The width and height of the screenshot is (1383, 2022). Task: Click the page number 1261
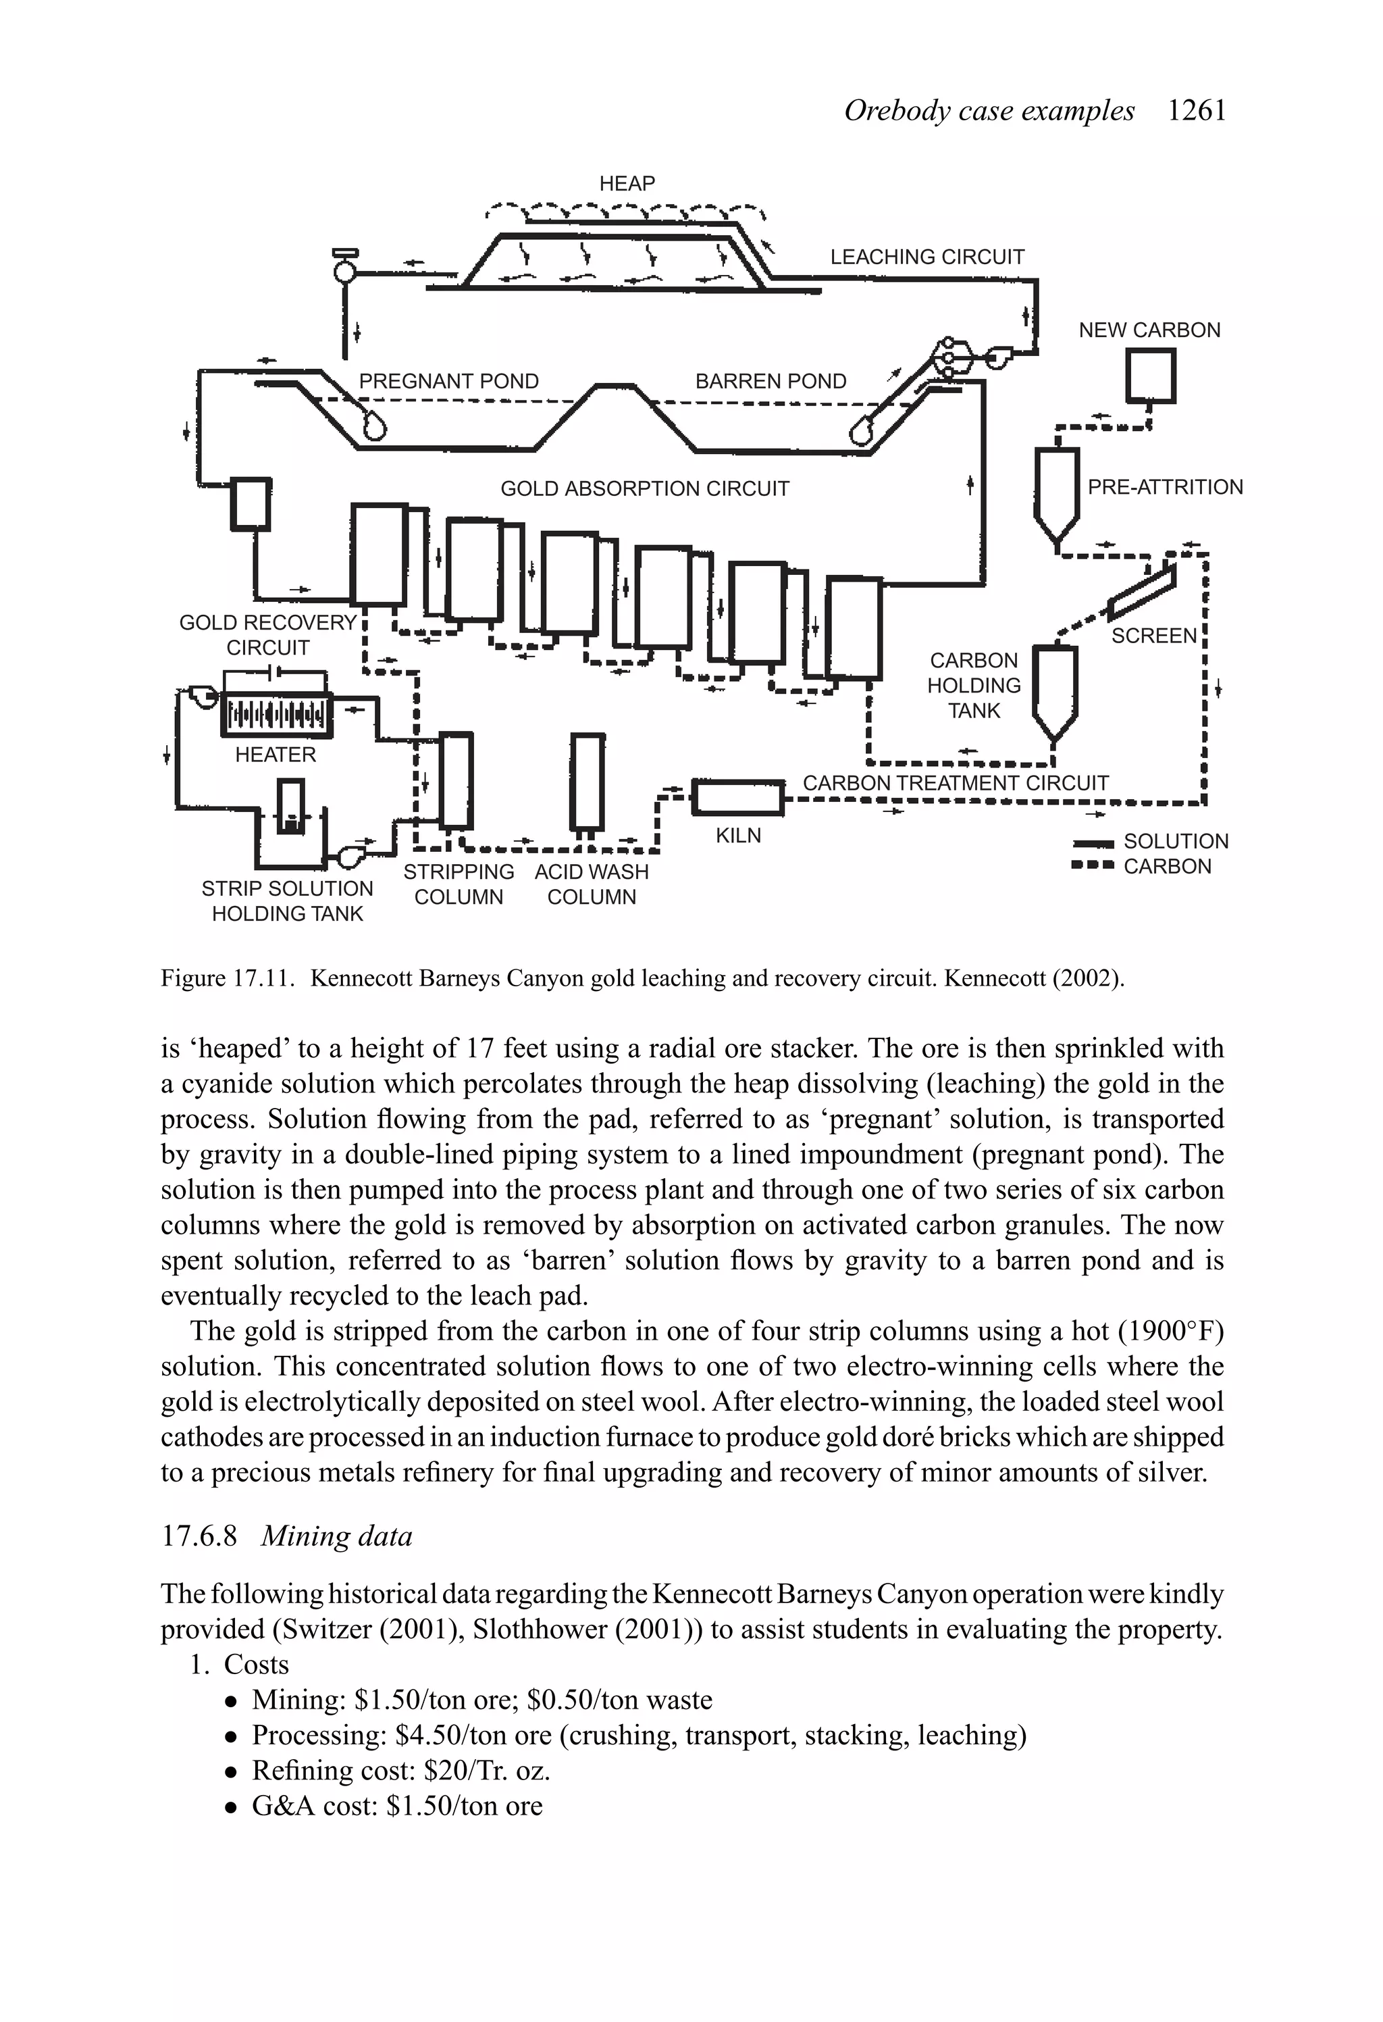(x=1196, y=111)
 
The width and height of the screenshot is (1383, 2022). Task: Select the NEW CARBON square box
(x=1150, y=376)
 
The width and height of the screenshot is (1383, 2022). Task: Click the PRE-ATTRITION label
(x=1165, y=487)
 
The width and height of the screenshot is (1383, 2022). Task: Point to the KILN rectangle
(x=737, y=797)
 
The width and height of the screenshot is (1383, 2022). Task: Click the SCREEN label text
(x=1154, y=636)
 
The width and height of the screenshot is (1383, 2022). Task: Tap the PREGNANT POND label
(x=449, y=381)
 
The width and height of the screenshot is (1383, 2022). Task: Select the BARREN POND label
(x=770, y=381)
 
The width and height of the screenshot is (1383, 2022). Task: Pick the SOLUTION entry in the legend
(x=1175, y=841)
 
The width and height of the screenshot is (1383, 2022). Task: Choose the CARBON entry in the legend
(x=1166, y=867)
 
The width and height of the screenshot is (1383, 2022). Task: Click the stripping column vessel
(x=456, y=780)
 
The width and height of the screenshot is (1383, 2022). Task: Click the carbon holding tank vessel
(x=1054, y=691)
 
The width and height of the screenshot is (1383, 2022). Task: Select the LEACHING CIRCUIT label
(x=927, y=257)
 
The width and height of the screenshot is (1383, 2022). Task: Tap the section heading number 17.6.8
(x=199, y=1536)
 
